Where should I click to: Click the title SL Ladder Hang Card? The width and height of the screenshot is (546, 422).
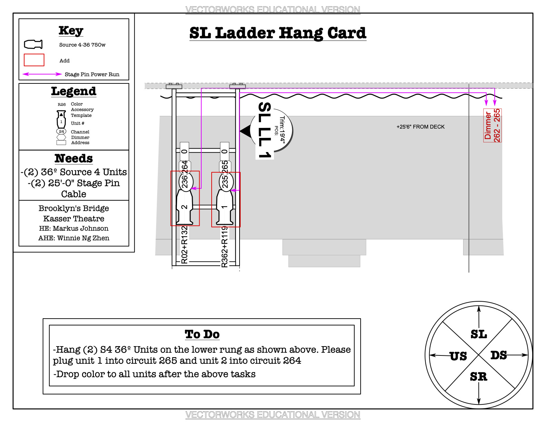277,33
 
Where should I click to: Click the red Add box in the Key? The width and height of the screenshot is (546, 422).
34,60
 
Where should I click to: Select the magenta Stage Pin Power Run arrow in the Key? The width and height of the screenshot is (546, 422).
42,74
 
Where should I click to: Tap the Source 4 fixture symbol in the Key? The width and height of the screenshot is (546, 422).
33,44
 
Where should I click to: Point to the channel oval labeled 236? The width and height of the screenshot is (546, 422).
185,181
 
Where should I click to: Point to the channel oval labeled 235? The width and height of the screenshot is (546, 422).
226,181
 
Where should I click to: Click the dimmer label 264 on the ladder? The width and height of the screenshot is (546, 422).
185,166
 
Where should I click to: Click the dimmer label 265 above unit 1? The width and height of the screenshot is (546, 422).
225,166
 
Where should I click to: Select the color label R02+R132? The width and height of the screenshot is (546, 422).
185,245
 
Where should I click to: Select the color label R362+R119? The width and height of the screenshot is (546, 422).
225,247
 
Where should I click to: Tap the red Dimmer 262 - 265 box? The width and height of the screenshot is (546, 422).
493,125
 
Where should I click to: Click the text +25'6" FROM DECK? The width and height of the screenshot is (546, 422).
421,127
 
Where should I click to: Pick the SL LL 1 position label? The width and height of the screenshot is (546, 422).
265,130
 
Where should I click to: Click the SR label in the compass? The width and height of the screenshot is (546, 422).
478,377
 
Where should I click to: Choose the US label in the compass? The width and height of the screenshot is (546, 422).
458,356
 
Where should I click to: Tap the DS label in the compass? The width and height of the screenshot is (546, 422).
498,355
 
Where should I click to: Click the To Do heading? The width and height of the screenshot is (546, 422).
202,334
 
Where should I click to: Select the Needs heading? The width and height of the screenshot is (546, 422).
74,158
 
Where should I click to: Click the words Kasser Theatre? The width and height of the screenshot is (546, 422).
74,219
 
